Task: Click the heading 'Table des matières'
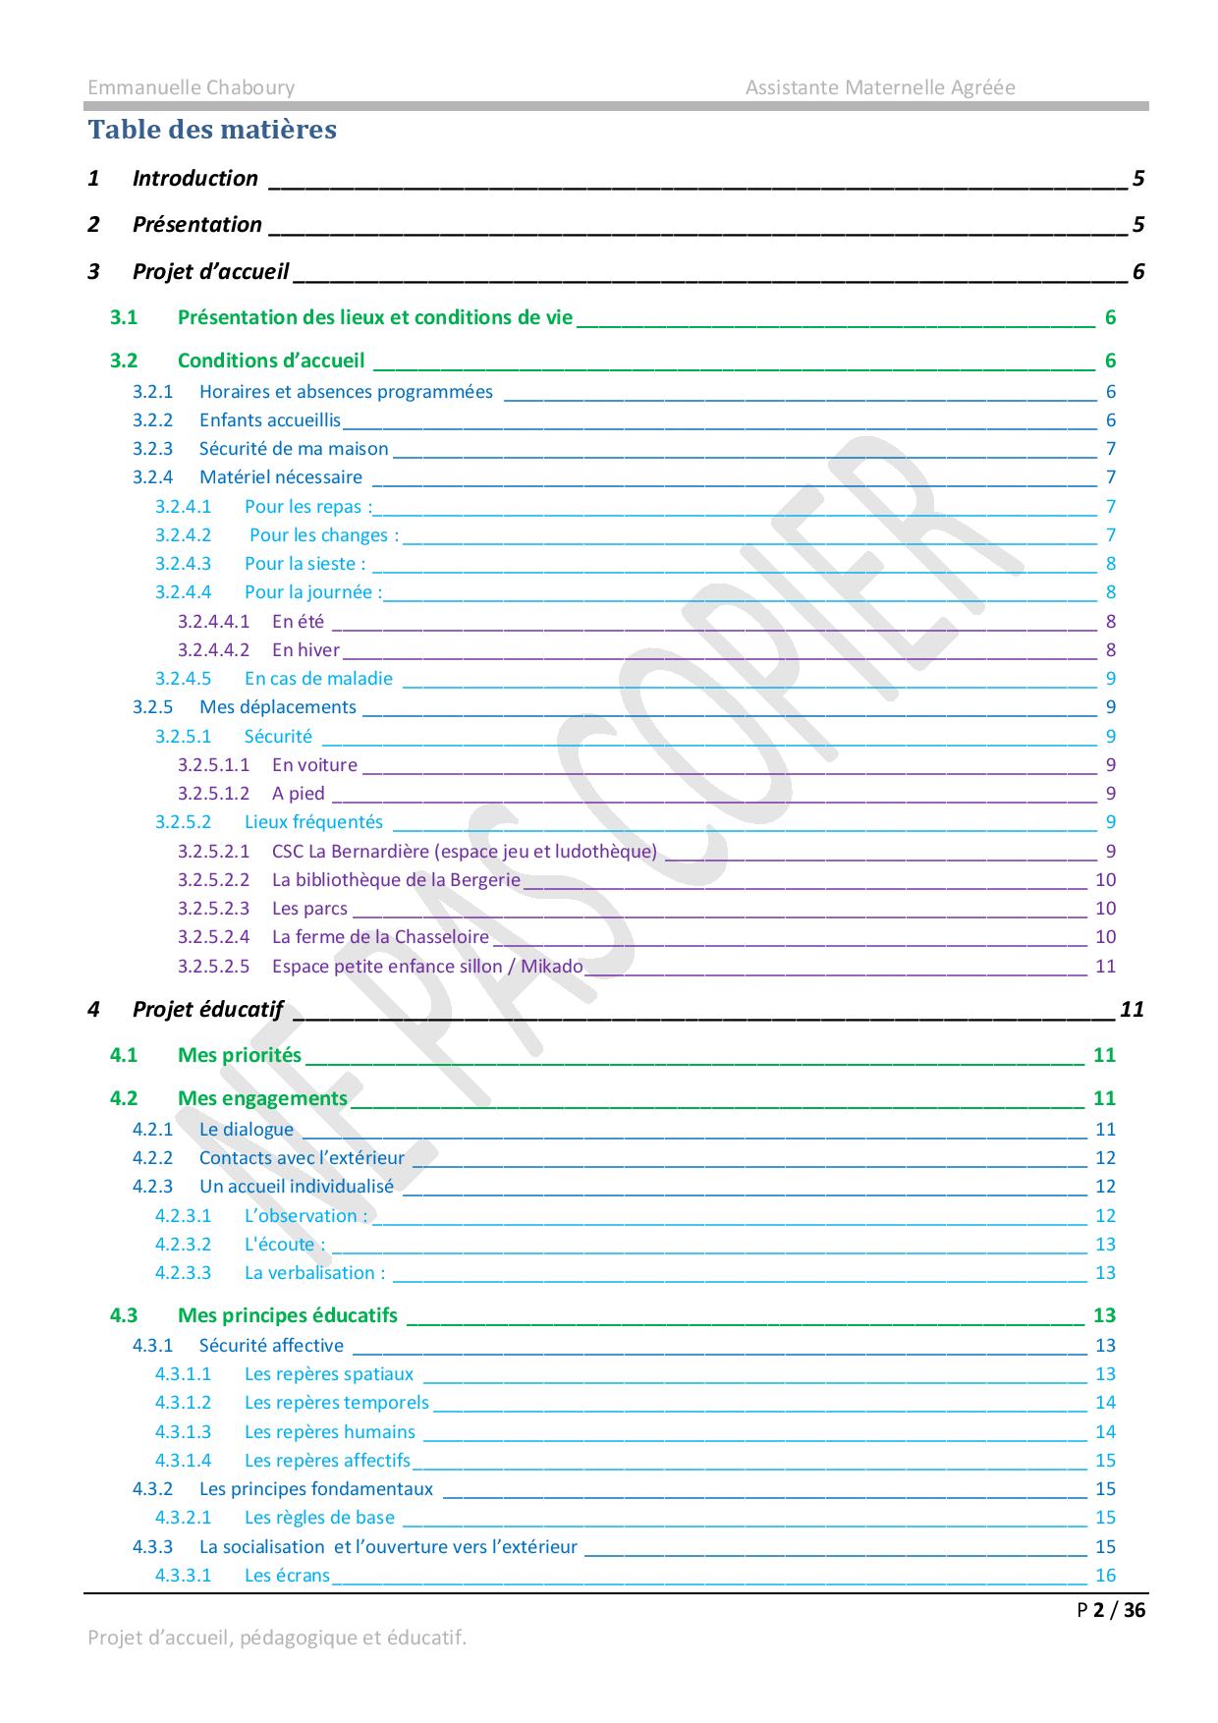tap(212, 130)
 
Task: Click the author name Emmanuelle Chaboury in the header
tap(191, 87)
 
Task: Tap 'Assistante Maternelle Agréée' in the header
tap(879, 87)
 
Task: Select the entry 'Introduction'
tap(194, 179)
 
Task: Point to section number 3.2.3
tap(152, 449)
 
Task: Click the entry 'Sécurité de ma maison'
tap(294, 449)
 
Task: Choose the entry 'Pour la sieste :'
tap(304, 564)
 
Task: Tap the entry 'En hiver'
tap(305, 650)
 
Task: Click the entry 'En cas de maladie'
tap(318, 679)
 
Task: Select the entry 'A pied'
tap(298, 794)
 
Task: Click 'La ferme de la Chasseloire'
tap(380, 937)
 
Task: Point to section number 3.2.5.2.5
tap(213, 967)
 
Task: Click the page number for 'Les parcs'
tap(1105, 909)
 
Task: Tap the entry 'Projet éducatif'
tap(207, 1010)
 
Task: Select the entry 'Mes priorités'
tap(239, 1056)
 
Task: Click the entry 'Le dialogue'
tap(246, 1130)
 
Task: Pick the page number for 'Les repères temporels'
tap(1105, 1403)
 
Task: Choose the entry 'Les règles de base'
tap(319, 1518)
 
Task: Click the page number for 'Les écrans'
tap(1105, 1576)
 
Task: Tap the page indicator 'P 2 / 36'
tap(1111, 1610)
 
